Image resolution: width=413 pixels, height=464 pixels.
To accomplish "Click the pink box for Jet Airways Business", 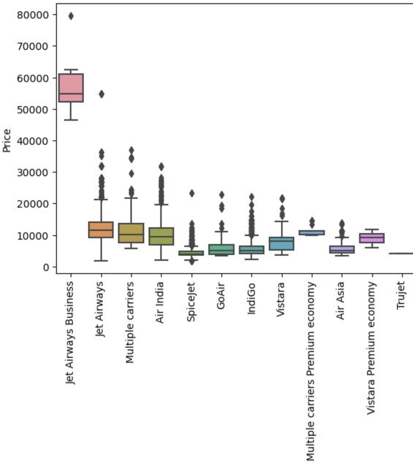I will point(71,88).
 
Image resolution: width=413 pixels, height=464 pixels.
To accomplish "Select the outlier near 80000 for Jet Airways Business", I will point(71,16).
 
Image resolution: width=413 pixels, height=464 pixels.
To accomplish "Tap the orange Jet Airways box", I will point(101,229).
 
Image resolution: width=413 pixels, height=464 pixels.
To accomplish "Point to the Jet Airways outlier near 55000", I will point(101,94).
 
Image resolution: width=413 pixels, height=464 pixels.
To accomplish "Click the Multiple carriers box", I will point(131,233).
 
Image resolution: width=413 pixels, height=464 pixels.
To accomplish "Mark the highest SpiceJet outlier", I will point(192,193).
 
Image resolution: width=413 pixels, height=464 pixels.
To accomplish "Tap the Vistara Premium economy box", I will point(372,238).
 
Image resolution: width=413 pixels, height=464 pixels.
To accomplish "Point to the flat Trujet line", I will point(402,253).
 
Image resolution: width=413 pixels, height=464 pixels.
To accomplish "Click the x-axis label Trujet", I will point(401,295).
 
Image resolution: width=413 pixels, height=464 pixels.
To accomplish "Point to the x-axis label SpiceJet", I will point(191,302).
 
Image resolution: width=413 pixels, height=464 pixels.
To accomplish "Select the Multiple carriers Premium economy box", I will point(312,232).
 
